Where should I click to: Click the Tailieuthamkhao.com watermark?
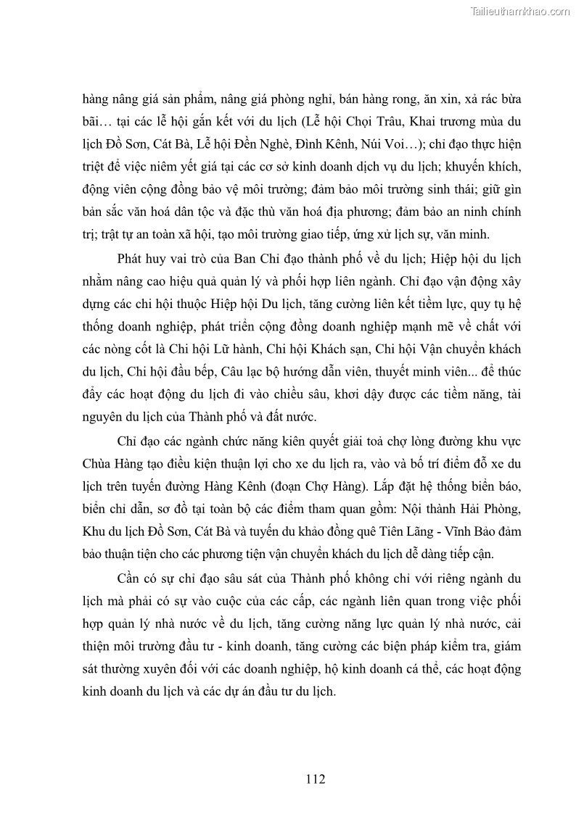pyautogui.click(x=521, y=11)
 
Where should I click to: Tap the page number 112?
pyautogui.click(x=315, y=779)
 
